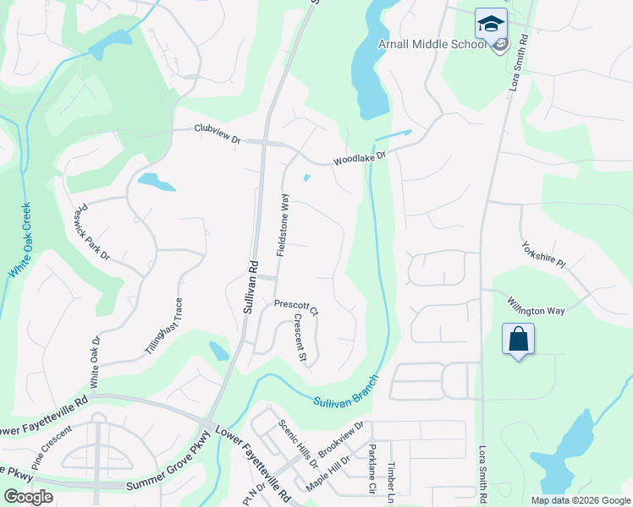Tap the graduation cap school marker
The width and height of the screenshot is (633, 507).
[490, 25]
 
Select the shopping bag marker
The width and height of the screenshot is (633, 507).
[518, 340]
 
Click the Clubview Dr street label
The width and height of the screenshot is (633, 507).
[217, 129]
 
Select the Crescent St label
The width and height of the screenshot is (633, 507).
[300, 337]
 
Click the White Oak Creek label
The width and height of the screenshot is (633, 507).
[20, 241]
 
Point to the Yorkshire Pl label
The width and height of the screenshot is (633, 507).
[543, 253]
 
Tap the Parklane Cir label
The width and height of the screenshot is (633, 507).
[371, 469]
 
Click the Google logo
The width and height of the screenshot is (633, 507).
[28, 497]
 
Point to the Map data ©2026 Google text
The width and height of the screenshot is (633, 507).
[580, 499]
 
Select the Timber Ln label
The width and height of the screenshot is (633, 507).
[391, 478]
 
